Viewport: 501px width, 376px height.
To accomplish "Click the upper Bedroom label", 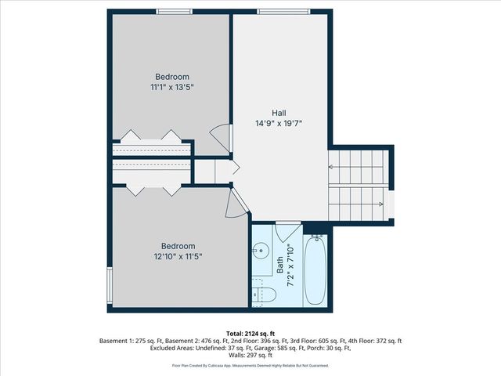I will click(172, 76).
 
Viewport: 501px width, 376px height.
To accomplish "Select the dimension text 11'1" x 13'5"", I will click(172, 87).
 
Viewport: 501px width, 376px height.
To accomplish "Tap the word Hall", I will click(279, 113).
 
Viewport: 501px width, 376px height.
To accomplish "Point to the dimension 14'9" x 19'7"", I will click(279, 124).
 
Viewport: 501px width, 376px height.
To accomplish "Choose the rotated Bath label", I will click(279, 266).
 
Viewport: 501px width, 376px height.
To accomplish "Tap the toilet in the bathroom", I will click(263, 295).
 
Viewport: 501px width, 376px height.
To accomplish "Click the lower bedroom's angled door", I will click(236, 205).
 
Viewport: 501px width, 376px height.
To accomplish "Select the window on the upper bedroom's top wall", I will click(175, 11).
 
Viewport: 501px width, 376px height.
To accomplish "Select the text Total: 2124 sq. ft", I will click(250, 333).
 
